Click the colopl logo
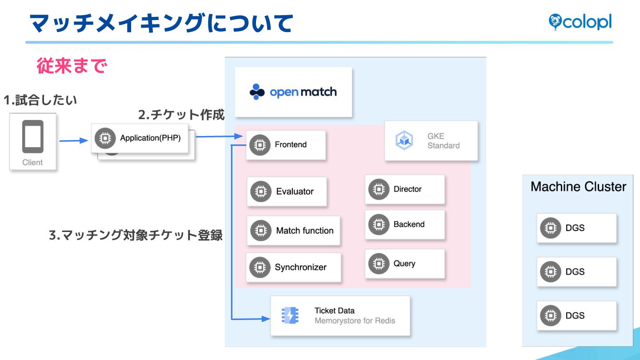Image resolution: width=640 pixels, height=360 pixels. (x=580, y=22)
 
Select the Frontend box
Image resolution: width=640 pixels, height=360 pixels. (x=286, y=145)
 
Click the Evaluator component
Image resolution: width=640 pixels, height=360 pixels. (x=287, y=192)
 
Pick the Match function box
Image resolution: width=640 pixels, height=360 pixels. (x=293, y=231)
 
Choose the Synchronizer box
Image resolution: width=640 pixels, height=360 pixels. (x=293, y=267)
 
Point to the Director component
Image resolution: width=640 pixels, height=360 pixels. (x=404, y=189)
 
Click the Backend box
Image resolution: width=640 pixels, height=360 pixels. (x=404, y=224)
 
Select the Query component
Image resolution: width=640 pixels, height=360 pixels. (x=404, y=264)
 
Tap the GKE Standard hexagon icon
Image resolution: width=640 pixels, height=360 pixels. (x=404, y=140)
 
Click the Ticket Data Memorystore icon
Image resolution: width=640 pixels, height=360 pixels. (x=290, y=315)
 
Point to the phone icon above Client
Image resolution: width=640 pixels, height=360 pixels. (x=33, y=136)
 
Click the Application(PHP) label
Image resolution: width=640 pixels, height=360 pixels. (x=150, y=138)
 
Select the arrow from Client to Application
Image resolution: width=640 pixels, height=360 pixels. (x=74, y=141)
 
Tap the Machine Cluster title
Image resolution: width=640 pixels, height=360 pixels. (x=578, y=187)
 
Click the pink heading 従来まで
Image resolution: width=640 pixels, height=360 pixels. (x=72, y=66)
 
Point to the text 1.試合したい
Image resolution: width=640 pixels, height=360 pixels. (x=40, y=100)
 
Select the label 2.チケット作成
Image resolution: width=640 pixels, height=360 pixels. (x=181, y=115)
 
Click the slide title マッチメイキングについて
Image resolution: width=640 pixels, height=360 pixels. (x=161, y=23)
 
